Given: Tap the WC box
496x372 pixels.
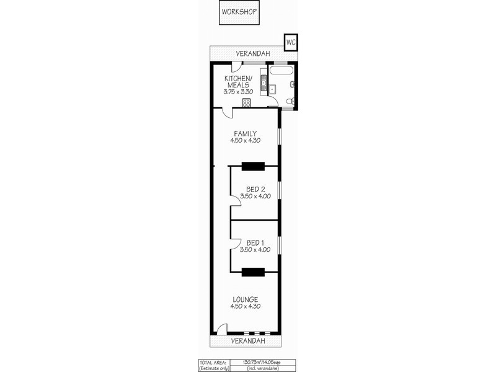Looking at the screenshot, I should (290, 42).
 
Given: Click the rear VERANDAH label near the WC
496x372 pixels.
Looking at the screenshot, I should (252, 54).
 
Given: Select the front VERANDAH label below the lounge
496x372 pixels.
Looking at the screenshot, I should (248, 341).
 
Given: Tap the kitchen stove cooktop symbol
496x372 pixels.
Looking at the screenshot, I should (246, 103).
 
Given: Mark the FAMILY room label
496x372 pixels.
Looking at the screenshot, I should (246, 133).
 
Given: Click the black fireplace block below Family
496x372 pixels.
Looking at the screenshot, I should (253, 165).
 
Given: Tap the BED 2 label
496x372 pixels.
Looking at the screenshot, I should (255, 188).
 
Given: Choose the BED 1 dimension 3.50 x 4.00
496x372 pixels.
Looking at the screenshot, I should (255, 250).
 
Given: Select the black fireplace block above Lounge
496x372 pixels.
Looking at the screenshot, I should (253, 271).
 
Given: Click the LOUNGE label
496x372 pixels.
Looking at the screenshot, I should (246, 299).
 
